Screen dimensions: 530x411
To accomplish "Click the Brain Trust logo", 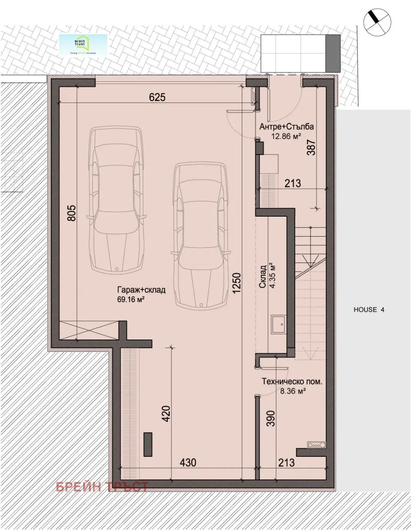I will pyautogui.click(x=83, y=45).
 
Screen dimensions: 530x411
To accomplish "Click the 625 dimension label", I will pyautogui.click(x=157, y=97).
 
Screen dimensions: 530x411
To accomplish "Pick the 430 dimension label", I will pyautogui.click(x=188, y=462).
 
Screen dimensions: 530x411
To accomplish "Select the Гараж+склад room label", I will pyautogui.click(x=141, y=290).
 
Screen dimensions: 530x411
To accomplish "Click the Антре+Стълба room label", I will pyautogui.click(x=287, y=127).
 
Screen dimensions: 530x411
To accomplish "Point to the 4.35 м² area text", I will pyautogui.click(x=272, y=276).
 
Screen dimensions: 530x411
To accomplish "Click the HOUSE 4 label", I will pyautogui.click(x=369, y=310).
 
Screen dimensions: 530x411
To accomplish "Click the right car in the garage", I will pyautogui.click(x=200, y=235).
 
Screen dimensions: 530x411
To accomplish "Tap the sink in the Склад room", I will pyautogui.click(x=279, y=324).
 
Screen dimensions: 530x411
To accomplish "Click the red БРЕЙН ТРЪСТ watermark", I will pyautogui.click(x=102, y=486).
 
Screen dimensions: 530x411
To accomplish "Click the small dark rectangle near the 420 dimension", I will pyautogui.click(x=148, y=445).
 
